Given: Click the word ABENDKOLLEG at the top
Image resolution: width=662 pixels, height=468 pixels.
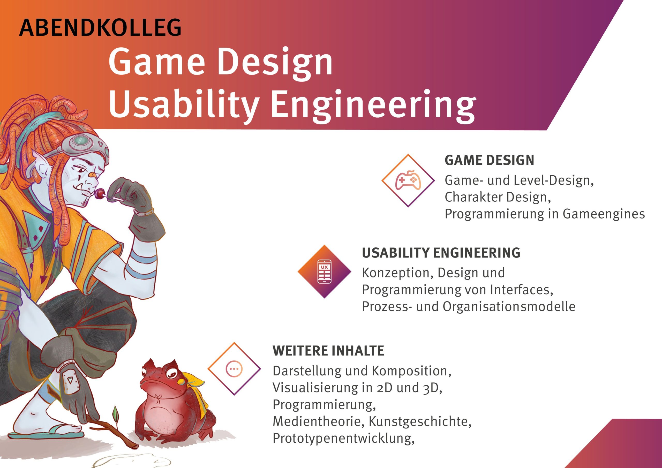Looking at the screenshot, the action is click(100, 28).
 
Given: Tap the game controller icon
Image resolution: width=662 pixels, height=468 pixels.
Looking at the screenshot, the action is click(408, 180).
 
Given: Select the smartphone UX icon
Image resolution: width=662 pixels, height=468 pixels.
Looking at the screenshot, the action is click(324, 271).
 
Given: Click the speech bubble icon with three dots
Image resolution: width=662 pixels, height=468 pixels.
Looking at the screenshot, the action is click(234, 368).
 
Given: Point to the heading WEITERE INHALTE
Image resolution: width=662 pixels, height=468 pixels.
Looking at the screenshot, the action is click(328, 351).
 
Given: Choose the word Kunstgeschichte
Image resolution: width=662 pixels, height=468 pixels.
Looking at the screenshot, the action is click(420, 421).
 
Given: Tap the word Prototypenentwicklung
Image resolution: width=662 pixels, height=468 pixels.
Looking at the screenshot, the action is click(343, 438).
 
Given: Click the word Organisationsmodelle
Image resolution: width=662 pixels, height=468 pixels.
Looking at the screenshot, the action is click(509, 306).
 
